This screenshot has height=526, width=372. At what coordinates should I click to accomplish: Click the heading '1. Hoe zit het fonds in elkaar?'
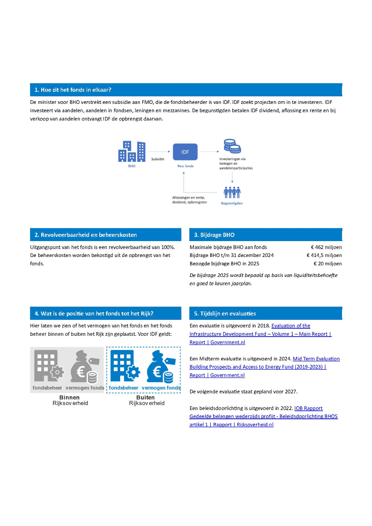pyautogui.click(x=73, y=90)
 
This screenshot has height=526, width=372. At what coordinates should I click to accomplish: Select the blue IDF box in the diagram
pyautogui.click(x=185, y=152)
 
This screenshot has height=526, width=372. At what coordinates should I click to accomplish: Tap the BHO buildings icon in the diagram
pyautogui.click(x=132, y=151)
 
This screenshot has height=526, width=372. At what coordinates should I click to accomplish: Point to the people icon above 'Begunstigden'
pyautogui.click(x=232, y=192)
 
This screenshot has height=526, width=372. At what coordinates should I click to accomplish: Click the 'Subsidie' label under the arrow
pyautogui.click(x=158, y=159)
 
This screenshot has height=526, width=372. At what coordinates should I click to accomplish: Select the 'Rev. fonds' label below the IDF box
pyautogui.click(x=185, y=166)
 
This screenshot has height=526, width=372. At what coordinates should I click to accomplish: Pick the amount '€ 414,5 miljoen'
pyautogui.click(x=324, y=255)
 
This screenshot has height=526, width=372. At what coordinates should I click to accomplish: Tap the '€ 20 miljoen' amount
pyautogui.click(x=327, y=264)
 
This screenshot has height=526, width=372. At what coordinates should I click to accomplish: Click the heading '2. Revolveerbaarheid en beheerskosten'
pyautogui.click(x=85, y=235)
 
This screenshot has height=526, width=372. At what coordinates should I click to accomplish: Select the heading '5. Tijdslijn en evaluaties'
pyautogui.click(x=225, y=313)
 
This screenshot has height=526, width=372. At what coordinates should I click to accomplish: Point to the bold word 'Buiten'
pyautogui.click(x=145, y=398)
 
